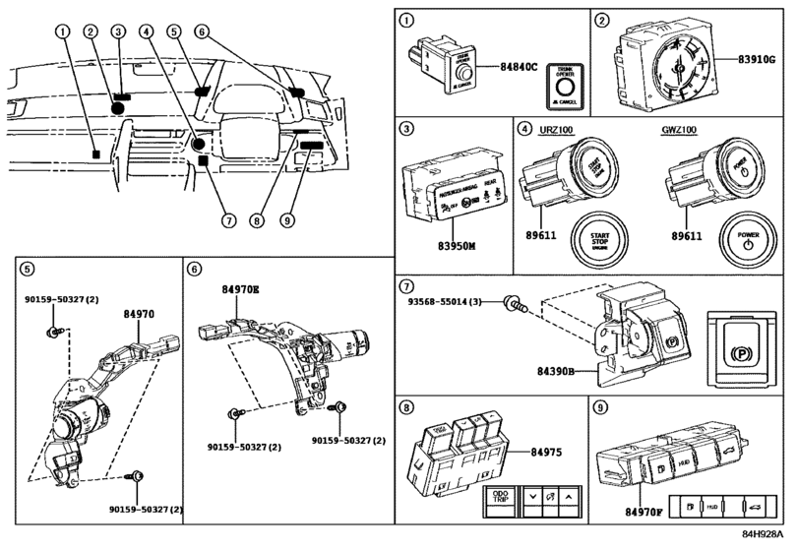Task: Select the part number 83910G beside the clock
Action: click(762, 60)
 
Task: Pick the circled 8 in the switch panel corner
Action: click(404, 406)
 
